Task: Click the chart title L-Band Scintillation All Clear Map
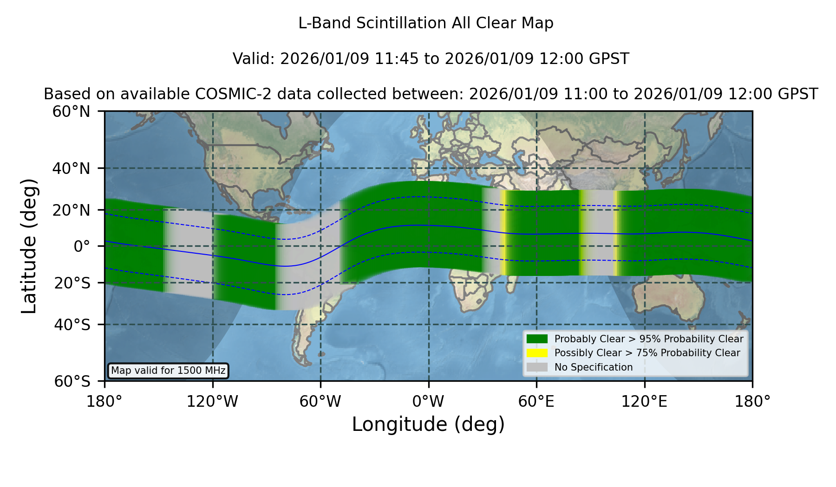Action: (426, 23)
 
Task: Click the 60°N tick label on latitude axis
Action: (71, 112)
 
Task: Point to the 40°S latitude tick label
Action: (72, 325)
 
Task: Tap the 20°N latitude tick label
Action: (71, 210)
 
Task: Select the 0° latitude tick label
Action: (82, 246)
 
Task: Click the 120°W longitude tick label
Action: (212, 402)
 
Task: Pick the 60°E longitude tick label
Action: (536, 402)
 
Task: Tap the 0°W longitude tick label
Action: (428, 402)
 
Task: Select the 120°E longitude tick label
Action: (644, 402)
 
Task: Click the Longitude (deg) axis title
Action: (428, 424)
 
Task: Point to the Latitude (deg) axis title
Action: (29, 246)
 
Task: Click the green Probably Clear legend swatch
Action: (537, 339)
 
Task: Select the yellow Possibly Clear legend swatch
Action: (537, 353)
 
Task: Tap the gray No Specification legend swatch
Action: (537, 367)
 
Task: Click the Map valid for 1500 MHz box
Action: (168, 371)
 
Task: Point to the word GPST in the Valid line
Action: (609, 59)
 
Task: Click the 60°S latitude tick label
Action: (72, 381)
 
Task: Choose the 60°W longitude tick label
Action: (320, 402)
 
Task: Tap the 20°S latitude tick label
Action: (72, 283)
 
